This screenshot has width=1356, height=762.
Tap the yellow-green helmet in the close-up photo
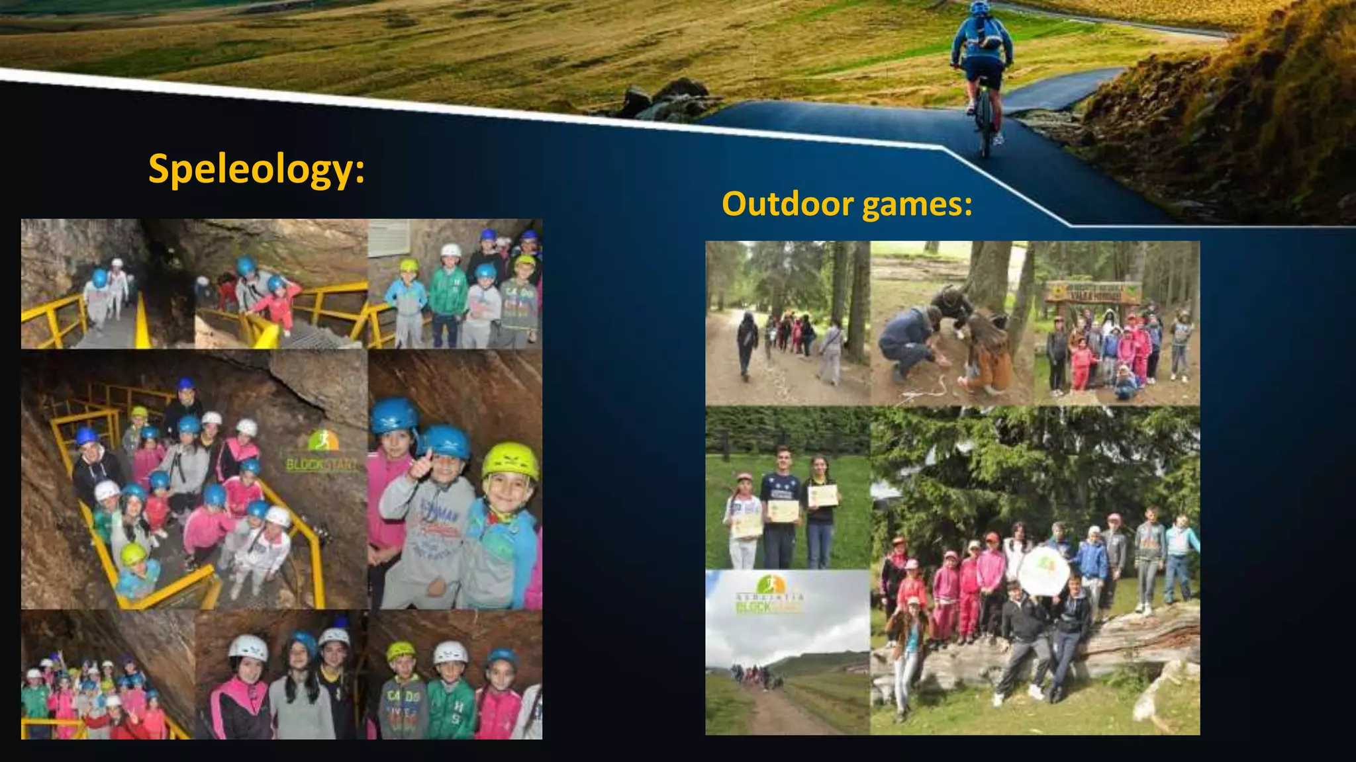pyautogui.click(x=510, y=460)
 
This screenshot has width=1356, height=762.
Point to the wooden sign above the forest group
pyautogui.click(x=1092, y=292)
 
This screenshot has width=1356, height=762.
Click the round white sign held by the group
pyautogui.click(x=1043, y=569)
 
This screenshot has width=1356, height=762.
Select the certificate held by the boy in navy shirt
pyautogui.click(x=783, y=510)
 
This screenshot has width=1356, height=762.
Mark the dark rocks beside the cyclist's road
pyautogui.click(x=669, y=99)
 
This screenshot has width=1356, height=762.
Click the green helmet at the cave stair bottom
pyautogui.click(x=133, y=554)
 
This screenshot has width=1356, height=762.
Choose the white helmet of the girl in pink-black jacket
pyautogui.click(x=248, y=648)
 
